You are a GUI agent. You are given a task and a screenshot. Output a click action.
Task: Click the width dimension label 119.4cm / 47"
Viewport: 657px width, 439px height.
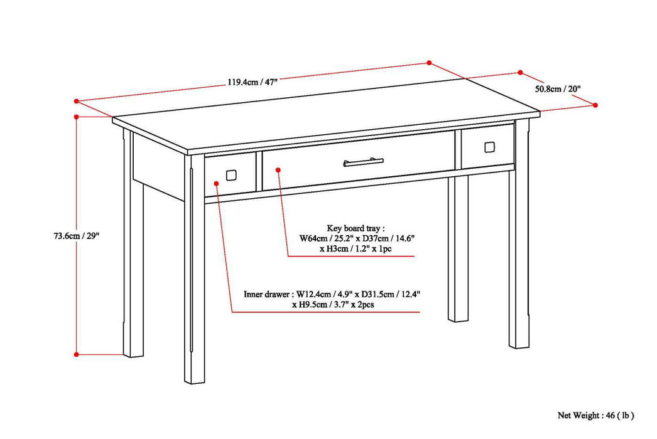(252, 82)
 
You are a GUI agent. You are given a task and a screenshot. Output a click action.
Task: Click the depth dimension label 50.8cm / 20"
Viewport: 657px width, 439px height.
(558, 88)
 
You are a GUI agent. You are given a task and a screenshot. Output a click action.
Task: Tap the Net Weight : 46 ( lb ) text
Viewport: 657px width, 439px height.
(595, 415)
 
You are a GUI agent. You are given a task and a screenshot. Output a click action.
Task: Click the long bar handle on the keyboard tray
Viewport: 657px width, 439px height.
(363, 162)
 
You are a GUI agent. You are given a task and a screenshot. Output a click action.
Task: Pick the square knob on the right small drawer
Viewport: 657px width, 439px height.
(490, 147)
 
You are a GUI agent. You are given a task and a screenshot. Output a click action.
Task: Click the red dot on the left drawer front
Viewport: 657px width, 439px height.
(216, 183)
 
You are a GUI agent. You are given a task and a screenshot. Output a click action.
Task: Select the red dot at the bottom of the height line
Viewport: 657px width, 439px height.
(77, 354)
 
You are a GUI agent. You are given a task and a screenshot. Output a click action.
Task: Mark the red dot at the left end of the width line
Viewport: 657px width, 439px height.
(76, 100)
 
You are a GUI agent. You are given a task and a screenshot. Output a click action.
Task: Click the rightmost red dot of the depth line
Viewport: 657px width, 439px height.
(595, 105)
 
